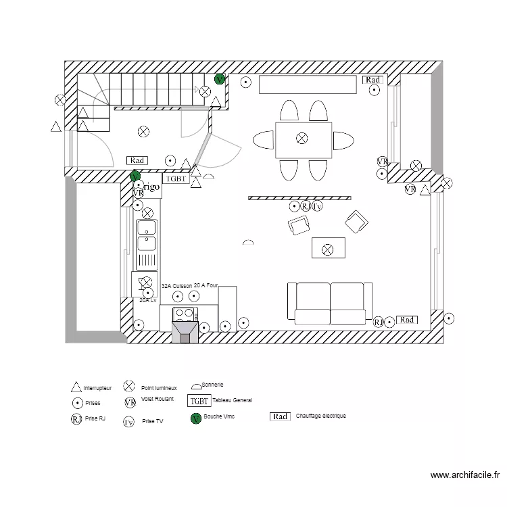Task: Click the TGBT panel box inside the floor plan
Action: pyautogui.click(x=176, y=179)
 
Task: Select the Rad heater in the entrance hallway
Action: pyautogui.click(x=137, y=160)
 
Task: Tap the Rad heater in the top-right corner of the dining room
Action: pyautogui.click(x=372, y=80)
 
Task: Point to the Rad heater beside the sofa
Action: pyautogui.click(x=406, y=320)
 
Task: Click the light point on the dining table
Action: pyautogui.click(x=301, y=138)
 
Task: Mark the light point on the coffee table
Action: pyautogui.click(x=328, y=249)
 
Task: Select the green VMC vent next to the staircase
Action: pyautogui.click(x=219, y=79)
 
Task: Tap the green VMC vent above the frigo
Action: pyautogui.click(x=135, y=177)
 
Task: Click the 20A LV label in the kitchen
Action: pyautogui.click(x=148, y=299)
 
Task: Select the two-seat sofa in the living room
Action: pyautogui.click(x=330, y=301)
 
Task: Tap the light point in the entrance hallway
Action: pyautogui.click(x=143, y=132)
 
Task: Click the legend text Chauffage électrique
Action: pyautogui.click(x=320, y=416)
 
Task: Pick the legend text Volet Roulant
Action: pyautogui.click(x=157, y=399)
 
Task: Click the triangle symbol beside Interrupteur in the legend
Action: pyautogui.click(x=76, y=388)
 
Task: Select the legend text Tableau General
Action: pyautogui.click(x=233, y=401)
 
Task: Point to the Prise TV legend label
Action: pyautogui.click(x=153, y=420)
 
